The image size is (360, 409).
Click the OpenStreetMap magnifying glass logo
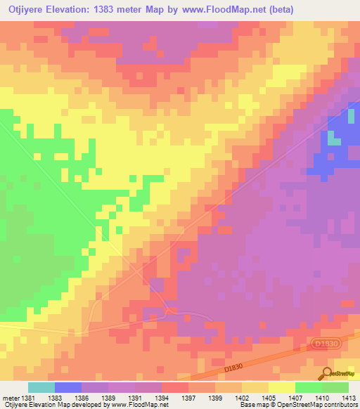(326, 373)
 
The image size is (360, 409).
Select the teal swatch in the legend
(41, 387)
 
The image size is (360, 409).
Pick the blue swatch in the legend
(68, 387)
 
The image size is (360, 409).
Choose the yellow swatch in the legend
(282, 387)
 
